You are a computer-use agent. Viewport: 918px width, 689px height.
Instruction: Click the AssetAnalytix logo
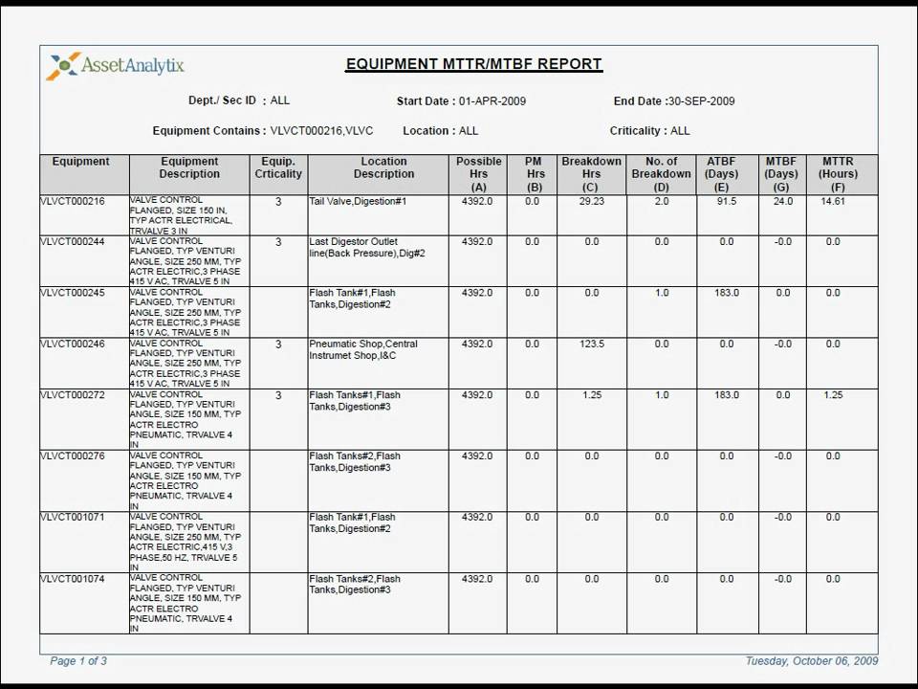(x=116, y=66)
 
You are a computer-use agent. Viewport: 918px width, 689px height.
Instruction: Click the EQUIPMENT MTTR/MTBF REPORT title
(x=473, y=64)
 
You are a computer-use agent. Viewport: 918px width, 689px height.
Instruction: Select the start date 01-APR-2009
(x=492, y=100)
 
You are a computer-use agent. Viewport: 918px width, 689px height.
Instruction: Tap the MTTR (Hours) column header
(x=838, y=174)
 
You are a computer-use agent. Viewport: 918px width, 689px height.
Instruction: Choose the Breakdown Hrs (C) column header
(x=591, y=174)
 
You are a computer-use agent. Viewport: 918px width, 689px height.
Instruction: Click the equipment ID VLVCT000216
(x=73, y=202)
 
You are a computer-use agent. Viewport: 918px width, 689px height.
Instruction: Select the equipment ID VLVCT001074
(x=73, y=579)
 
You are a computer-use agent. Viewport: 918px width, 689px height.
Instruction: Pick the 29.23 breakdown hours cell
(x=591, y=202)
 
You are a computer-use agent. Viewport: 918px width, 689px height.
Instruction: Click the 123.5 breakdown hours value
(x=592, y=344)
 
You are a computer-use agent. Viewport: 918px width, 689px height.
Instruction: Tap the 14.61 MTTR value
(x=833, y=202)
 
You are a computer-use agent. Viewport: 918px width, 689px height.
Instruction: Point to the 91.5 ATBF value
(x=726, y=202)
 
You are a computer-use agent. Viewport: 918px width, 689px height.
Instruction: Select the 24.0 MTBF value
(x=782, y=202)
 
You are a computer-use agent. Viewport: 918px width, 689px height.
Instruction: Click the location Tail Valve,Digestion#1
(x=358, y=202)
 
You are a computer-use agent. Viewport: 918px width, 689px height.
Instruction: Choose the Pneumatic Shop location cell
(x=362, y=349)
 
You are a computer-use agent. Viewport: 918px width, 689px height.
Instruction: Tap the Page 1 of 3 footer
(x=78, y=660)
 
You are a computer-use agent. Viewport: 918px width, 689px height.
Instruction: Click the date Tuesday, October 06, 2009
(x=811, y=660)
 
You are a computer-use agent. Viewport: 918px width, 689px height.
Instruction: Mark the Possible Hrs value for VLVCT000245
(x=476, y=293)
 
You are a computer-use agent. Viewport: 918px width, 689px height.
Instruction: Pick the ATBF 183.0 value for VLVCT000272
(x=726, y=394)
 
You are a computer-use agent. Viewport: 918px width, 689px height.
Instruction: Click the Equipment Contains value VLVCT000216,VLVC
(x=321, y=130)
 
